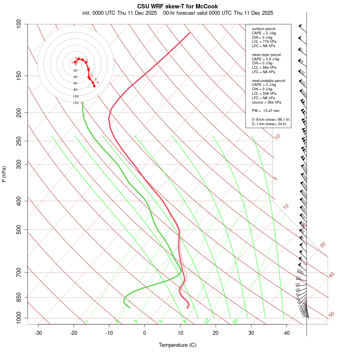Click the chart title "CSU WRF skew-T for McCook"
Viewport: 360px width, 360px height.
pyautogui.click(x=177, y=6)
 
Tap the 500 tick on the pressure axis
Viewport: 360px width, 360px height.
pyautogui.click(x=18, y=230)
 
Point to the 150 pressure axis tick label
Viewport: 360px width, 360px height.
pyautogui.click(x=18, y=76)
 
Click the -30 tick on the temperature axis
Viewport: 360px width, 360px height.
pyautogui.click(x=38, y=333)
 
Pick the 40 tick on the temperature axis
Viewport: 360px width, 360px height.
pyautogui.click(x=287, y=333)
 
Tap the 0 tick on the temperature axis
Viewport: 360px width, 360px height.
pyautogui.click(x=145, y=333)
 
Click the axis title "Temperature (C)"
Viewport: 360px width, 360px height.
pyautogui.click(x=177, y=345)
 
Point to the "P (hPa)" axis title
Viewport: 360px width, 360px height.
pyautogui.click(x=4, y=174)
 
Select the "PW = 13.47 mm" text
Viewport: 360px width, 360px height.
pyautogui.click(x=265, y=111)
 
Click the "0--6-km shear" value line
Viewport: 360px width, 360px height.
pyautogui.click(x=270, y=120)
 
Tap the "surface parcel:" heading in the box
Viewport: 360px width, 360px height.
pyautogui.click(x=264, y=29)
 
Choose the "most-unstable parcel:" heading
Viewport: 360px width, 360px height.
pyautogui.click(x=269, y=81)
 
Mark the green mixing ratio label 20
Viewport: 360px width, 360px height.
pyautogui.click(x=236, y=321)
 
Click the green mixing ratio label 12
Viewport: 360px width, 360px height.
pyautogui.click(x=207, y=321)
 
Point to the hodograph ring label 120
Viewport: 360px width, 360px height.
pyautogui.click(x=76, y=103)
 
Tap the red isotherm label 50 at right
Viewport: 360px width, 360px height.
pyautogui.click(x=331, y=314)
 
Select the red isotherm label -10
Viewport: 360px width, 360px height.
pyautogui.click(x=277, y=137)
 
